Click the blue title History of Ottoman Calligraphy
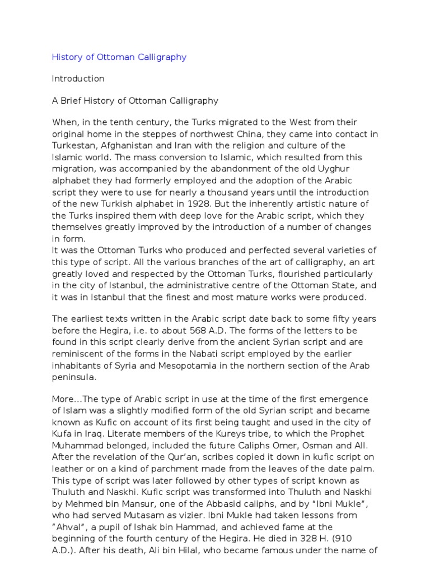click(x=119, y=57)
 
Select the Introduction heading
click(x=78, y=78)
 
